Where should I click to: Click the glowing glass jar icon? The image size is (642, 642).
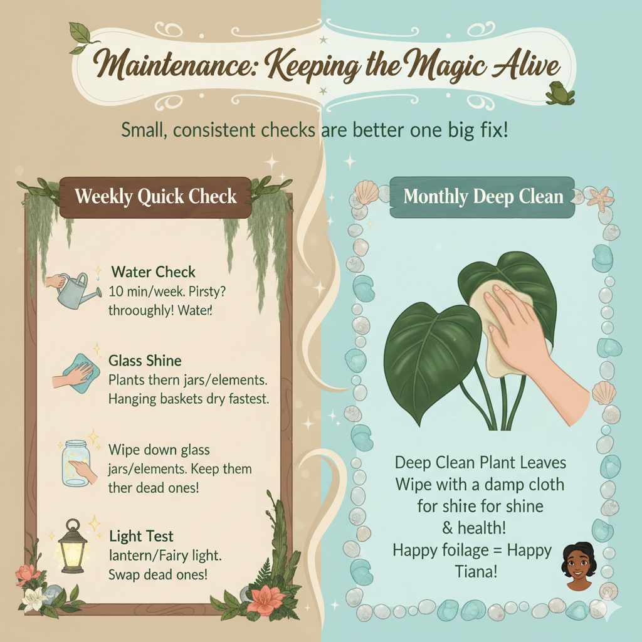(x=78, y=463)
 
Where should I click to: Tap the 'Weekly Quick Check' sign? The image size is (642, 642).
(x=155, y=196)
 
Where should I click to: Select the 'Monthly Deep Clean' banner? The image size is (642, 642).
(x=483, y=197)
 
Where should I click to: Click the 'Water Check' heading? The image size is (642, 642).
(x=154, y=272)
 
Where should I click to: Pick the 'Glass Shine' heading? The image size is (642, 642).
(x=145, y=360)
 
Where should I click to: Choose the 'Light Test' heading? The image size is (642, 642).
(x=141, y=537)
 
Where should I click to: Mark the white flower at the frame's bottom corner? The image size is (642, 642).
(x=31, y=600)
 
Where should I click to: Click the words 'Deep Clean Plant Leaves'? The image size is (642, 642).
(x=481, y=463)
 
